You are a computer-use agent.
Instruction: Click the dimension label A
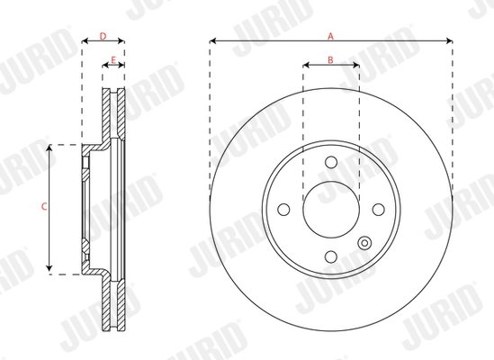click(330, 36)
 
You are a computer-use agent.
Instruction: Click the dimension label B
click(330, 60)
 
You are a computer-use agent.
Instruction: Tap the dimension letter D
click(103, 36)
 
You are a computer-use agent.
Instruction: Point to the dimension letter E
click(112, 60)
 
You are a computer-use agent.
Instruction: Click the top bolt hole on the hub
click(330, 162)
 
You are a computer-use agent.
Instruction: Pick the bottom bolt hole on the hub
click(330, 256)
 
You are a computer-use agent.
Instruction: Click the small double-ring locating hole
click(364, 243)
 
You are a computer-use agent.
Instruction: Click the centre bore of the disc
click(330, 209)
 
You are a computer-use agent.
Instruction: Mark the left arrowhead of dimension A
click(212, 41)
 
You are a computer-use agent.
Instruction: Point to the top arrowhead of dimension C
click(50, 147)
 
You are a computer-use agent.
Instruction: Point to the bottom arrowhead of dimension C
click(50, 271)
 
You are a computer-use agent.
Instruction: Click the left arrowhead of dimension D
click(85, 41)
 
